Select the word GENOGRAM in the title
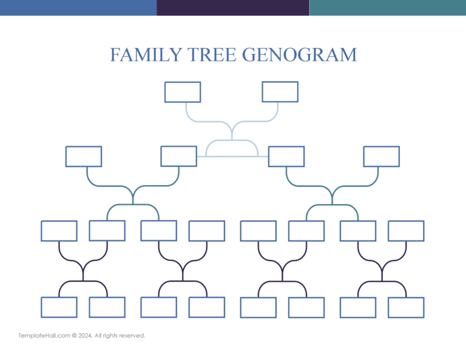pyautogui.click(x=300, y=55)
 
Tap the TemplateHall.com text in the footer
pyautogui.click(x=44, y=335)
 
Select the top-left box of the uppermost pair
pyautogui.click(x=183, y=92)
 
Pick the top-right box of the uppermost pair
pyautogui.click(x=280, y=92)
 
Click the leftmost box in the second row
pyautogui.click(x=84, y=157)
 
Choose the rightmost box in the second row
pyautogui.click(x=381, y=157)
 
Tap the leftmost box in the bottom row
pyautogui.click(x=59, y=307)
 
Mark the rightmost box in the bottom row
pyautogui.click(x=406, y=307)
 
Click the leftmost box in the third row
pyautogui.click(x=59, y=231)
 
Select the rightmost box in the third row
pyautogui.click(x=406, y=231)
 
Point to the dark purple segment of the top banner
pyautogui.click(x=232, y=7)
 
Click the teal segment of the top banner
pyautogui.click(x=388, y=7)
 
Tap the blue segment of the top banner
pyautogui.click(x=78, y=7)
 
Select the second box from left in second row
pyautogui.click(x=178, y=156)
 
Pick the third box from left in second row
pyautogui.click(x=286, y=157)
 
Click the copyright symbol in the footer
pyautogui.click(x=74, y=335)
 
